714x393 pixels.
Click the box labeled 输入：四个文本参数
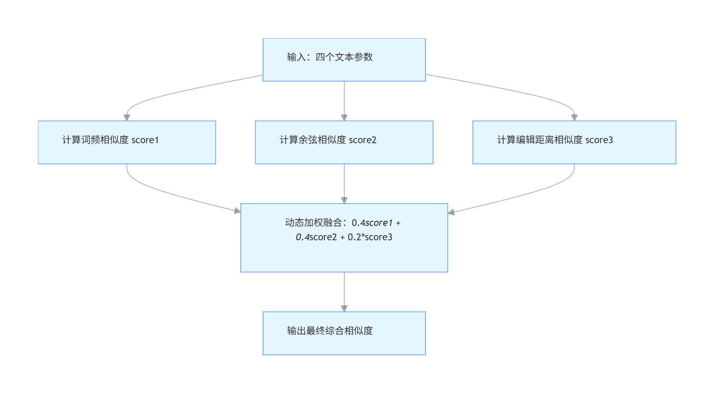[x=344, y=60]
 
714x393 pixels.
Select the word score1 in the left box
[x=145, y=140]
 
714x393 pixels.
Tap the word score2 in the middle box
[x=363, y=140]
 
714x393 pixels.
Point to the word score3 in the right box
[x=599, y=140]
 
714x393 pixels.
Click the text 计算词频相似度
[x=96, y=140]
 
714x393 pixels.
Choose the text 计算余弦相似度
[x=313, y=140]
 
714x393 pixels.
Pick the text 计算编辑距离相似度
[x=540, y=140]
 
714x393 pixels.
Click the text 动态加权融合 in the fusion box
[x=313, y=223]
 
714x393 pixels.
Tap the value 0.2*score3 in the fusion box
[x=370, y=237]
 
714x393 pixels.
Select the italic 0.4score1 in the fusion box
[x=372, y=223]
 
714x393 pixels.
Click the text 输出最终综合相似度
[x=330, y=331]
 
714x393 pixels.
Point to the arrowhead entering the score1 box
[x=127, y=118]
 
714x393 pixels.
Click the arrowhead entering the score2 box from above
[x=344, y=118]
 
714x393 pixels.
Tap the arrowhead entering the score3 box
[x=574, y=118]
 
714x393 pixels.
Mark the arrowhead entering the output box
[x=344, y=309]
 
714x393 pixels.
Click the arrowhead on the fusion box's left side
[x=238, y=211]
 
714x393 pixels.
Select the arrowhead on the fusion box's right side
[x=451, y=212]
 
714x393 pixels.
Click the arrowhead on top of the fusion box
[x=344, y=200]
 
